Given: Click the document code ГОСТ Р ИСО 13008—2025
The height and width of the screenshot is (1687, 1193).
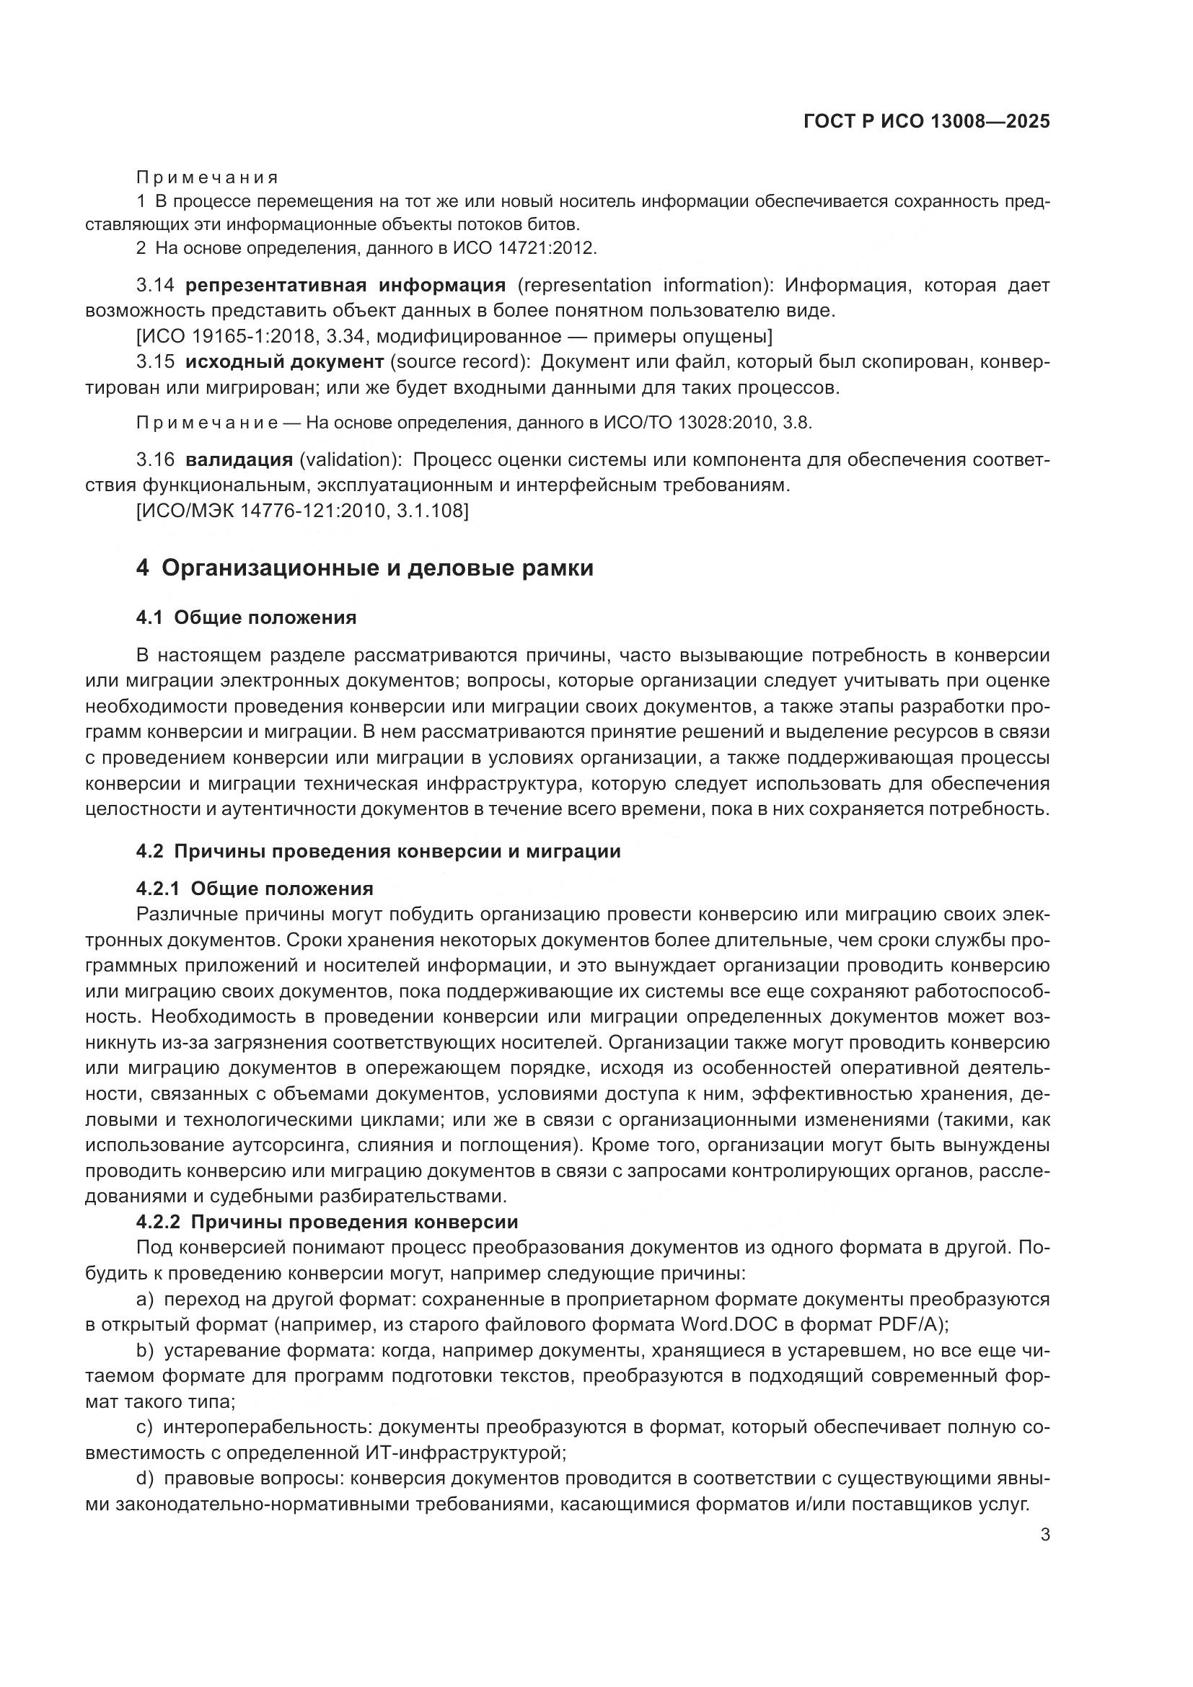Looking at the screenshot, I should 927,122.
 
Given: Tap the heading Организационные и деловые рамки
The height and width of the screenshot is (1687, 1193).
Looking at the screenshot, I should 377,568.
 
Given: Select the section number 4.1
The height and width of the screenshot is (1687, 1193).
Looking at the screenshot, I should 149,618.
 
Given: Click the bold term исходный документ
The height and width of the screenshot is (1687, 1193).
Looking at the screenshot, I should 284,361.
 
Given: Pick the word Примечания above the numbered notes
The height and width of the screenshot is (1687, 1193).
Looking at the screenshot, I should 207,178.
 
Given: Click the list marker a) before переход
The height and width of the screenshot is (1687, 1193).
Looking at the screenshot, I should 145,1300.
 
